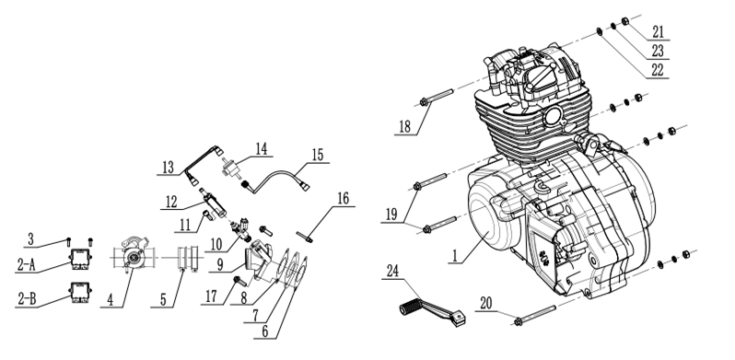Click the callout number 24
click(x=392, y=271)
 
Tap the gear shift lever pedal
click(x=432, y=313)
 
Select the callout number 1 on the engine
click(x=454, y=256)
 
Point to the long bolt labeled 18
click(x=437, y=98)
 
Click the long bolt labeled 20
click(x=535, y=315)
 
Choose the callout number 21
click(x=659, y=32)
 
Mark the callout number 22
click(x=658, y=70)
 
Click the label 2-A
click(x=26, y=265)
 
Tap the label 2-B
click(x=27, y=298)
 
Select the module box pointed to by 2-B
click(x=80, y=293)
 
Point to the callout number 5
click(x=163, y=299)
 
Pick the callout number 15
click(x=318, y=155)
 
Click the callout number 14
click(x=261, y=148)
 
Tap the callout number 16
click(x=344, y=198)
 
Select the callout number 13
click(x=168, y=167)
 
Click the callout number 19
click(x=391, y=215)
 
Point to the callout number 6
click(x=265, y=331)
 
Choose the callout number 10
click(x=216, y=244)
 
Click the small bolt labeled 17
click(x=239, y=281)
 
